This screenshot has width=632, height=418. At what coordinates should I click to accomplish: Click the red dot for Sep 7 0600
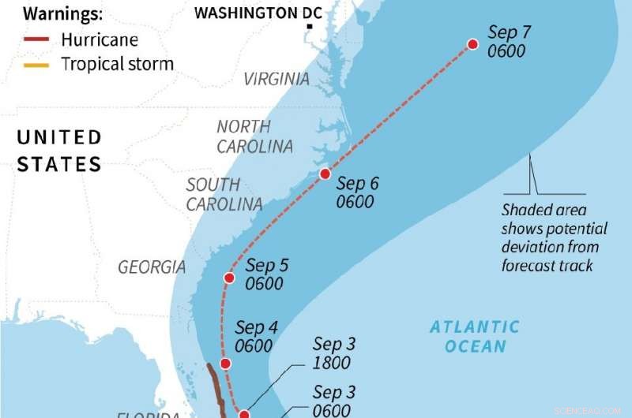click(472, 45)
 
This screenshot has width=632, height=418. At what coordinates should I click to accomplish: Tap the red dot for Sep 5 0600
click(229, 278)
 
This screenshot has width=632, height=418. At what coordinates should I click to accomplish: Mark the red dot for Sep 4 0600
click(225, 364)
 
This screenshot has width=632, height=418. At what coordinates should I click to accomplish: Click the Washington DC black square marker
click(310, 28)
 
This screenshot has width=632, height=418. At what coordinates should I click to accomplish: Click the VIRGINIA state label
click(276, 79)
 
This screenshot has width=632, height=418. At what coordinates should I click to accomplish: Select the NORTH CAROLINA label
click(254, 136)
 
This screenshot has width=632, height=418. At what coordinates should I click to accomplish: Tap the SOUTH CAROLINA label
click(224, 194)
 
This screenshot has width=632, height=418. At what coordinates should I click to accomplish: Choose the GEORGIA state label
click(152, 267)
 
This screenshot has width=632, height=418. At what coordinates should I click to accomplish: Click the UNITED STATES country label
click(59, 151)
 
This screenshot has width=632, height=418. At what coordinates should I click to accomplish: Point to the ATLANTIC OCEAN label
click(475, 336)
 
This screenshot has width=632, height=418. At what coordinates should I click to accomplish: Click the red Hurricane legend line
click(37, 39)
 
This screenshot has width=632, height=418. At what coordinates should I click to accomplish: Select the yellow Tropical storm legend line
click(37, 64)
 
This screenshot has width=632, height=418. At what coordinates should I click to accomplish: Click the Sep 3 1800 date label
click(333, 353)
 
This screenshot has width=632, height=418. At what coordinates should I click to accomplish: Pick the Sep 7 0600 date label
click(509, 42)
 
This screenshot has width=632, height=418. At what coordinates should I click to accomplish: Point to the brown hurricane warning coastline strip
click(213, 386)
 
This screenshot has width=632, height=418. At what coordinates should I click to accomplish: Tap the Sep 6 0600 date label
click(357, 192)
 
